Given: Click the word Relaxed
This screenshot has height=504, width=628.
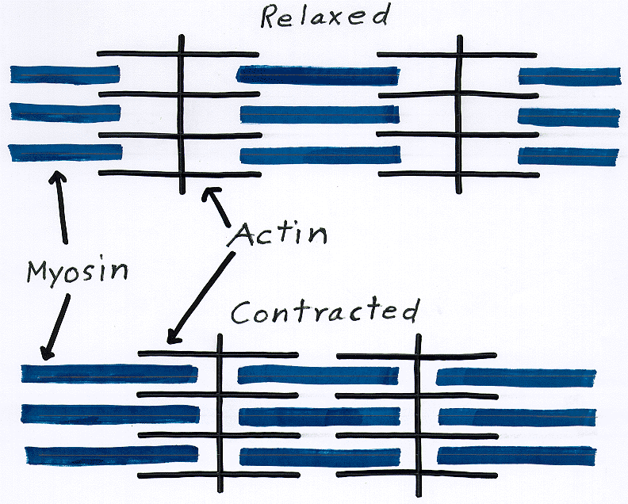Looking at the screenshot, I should click(x=326, y=16).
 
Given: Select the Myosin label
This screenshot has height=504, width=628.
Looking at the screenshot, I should click(x=78, y=272).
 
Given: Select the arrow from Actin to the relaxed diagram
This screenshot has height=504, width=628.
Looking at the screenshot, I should click(x=218, y=208).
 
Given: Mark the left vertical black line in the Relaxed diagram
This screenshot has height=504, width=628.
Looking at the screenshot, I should click(x=182, y=111).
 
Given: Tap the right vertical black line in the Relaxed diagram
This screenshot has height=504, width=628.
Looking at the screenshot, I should click(x=459, y=111).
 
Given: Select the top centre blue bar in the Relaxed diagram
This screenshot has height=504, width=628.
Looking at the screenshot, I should click(x=318, y=75).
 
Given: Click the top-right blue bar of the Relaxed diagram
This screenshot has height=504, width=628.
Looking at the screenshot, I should click(x=568, y=76).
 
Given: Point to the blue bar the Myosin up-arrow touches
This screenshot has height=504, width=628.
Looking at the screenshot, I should click(x=65, y=152).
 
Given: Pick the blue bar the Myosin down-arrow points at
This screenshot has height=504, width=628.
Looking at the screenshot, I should click(x=109, y=373).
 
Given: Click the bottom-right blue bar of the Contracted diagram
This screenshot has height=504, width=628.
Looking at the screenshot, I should click(x=515, y=456).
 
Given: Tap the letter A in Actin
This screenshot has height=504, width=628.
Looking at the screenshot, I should click(x=243, y=235).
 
